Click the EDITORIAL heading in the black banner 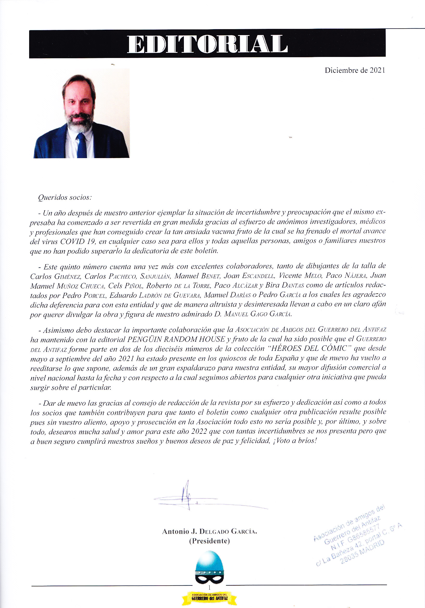click(207, 44)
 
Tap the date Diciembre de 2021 click(355, 70)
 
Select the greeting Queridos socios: click(65, 198)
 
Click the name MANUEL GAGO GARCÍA click(258, 314)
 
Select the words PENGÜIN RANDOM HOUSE click(176, 339)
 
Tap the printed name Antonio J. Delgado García click(209, 532)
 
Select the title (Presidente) click(209, 541)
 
